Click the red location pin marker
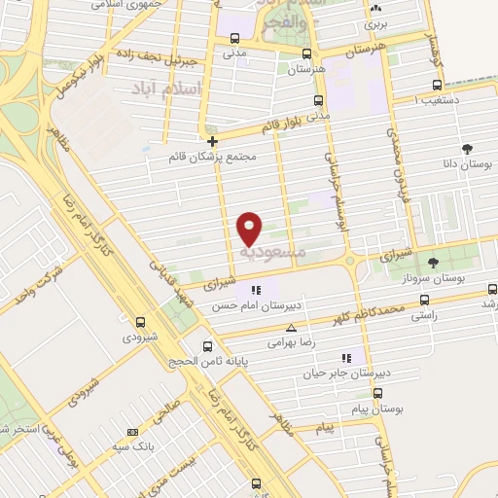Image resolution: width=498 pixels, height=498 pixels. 251,228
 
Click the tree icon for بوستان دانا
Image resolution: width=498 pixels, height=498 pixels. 467,149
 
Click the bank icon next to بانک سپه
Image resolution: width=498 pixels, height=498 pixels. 132,433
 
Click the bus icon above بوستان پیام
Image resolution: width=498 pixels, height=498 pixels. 377,394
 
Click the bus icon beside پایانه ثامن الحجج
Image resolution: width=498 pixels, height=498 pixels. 206,346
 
